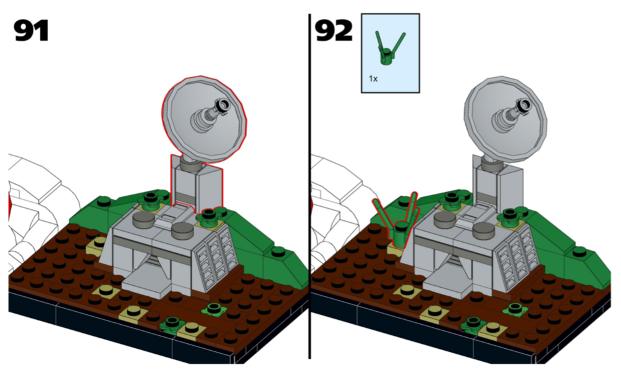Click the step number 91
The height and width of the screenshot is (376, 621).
31,31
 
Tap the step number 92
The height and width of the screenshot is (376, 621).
334,31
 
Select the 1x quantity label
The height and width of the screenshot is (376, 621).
373,79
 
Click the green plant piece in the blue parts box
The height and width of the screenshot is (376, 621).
390,49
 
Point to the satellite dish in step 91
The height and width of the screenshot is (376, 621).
205,119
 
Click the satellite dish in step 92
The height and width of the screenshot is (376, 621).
505,119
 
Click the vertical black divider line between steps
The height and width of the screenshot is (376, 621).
310,186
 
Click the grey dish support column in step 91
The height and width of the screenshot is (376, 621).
196,185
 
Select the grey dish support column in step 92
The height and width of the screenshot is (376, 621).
497,185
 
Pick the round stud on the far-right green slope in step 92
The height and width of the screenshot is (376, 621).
579,251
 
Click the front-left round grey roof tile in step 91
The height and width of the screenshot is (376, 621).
143,219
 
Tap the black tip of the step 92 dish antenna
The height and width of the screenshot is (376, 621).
523,106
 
